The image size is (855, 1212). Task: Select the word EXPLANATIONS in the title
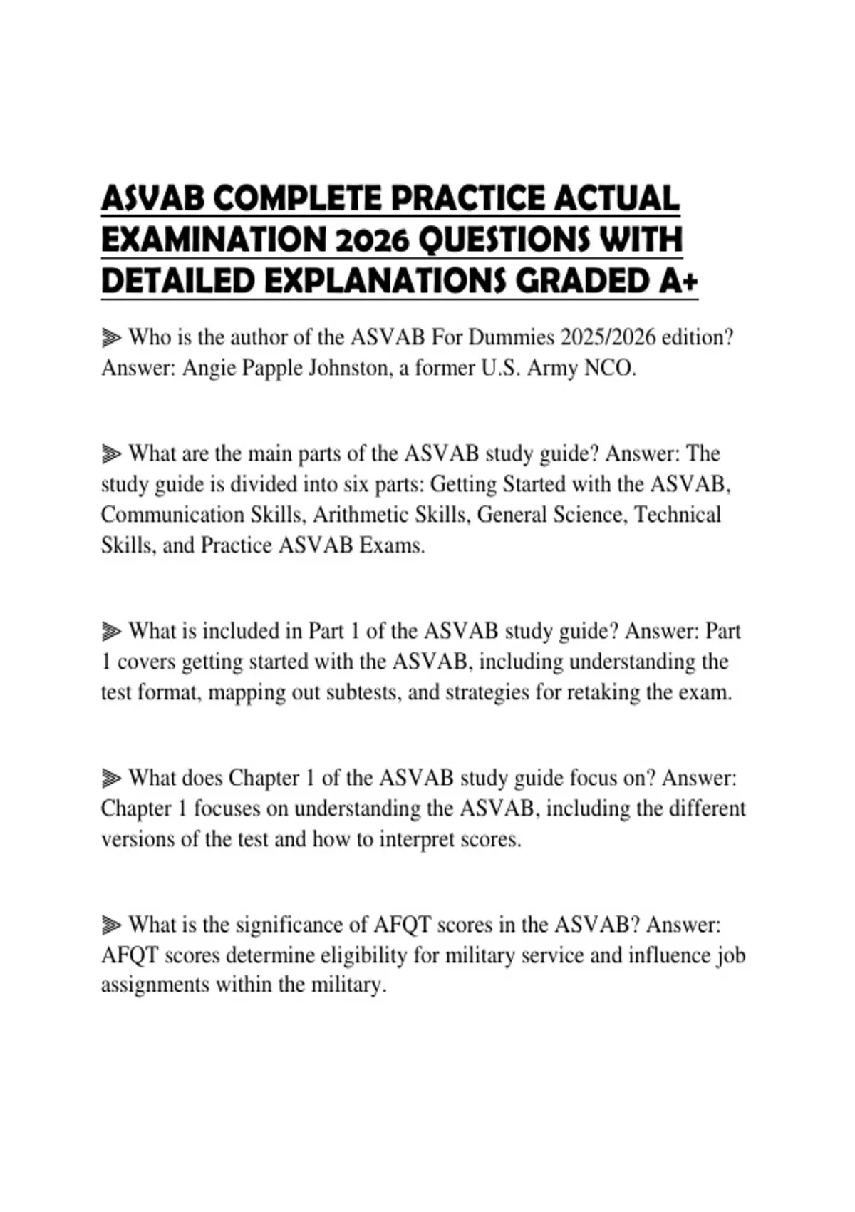pos(385,282)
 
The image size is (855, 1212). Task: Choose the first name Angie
pos(207,368)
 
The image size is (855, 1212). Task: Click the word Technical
pos(677,515)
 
